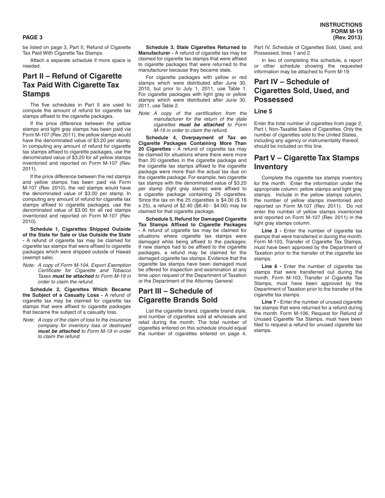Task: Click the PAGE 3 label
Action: coord(32,38)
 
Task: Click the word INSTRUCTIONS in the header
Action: coord(341,25)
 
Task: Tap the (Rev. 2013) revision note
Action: coord(347,38)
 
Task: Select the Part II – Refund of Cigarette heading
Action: coord(72,76)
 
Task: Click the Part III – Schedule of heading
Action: coord(175,291)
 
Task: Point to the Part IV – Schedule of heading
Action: coord(291,82)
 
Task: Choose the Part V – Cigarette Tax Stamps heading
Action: coord(306,158)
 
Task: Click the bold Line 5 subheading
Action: coord(263,111)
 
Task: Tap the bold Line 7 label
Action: coord(270,302)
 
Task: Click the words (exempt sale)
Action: coord(37,257)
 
